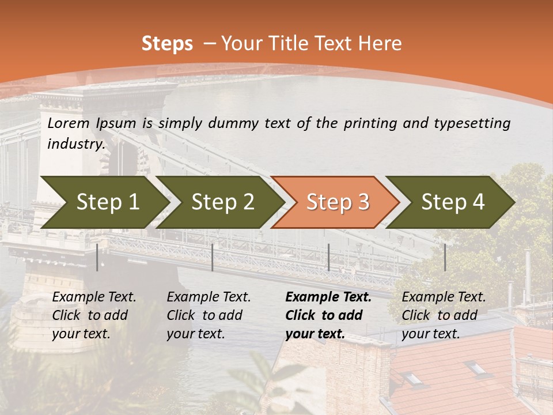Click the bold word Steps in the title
(x=167, y=44)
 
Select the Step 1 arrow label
(x=108, y=202)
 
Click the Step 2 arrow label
(x=223, y=202)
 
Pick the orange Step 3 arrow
(x=338, y=202)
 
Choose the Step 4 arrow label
(x=453, y=202)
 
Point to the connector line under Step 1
(x=97, y=257)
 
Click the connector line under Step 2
(x=213, y=257)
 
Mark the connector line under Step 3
(x=328, y=257)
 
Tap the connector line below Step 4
(x=445, y=257)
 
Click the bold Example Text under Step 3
(x=328, y=297)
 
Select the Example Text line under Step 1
(x=94, y=297)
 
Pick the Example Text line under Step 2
(x=209, y=297)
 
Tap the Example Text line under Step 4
(x=444, y=297)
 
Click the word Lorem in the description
(x=69, y=123)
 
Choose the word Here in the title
(x=380, y=44)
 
